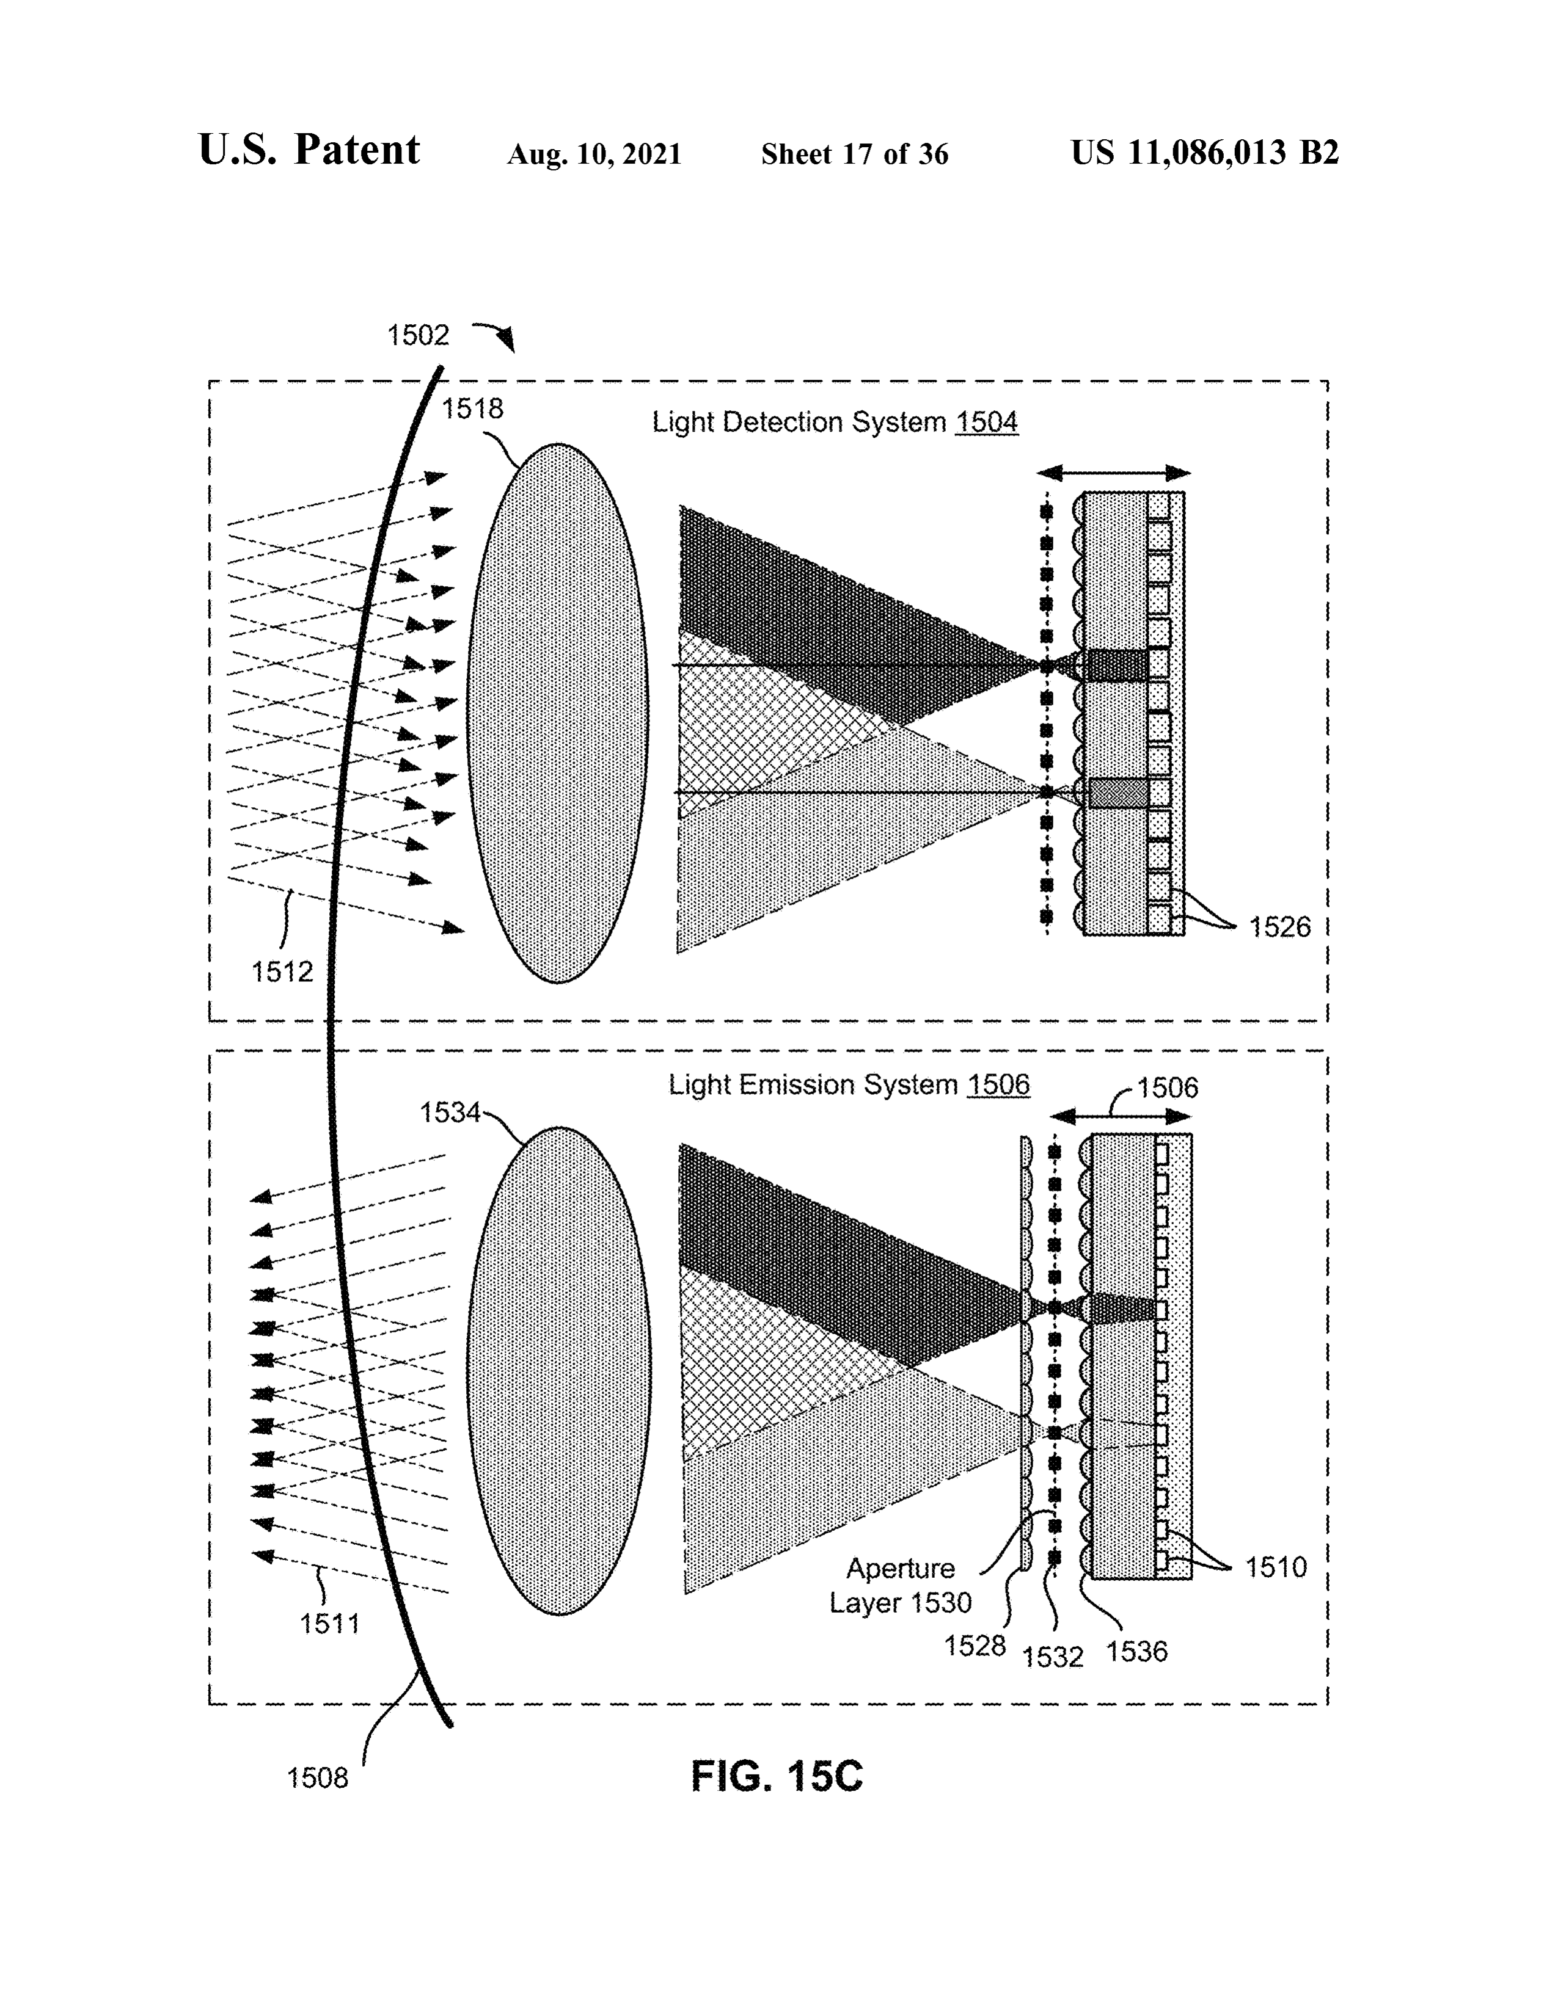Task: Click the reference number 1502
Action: (x=418, y=335)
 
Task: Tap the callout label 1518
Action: (x=472, y=408)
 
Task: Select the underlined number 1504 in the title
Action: (x=987, y=422)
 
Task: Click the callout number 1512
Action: (x=282, y=971)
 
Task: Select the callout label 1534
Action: (x=450, y=1113)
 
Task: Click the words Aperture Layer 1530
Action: (x=901, y=1585)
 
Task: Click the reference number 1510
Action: (x=1276, y=1567)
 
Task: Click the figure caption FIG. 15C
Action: (x=777, y=1776)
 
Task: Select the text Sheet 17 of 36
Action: (x=855, y=154)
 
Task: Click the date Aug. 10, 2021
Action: (x=594, y=154)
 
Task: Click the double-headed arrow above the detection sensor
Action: (x=1113, y=473)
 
